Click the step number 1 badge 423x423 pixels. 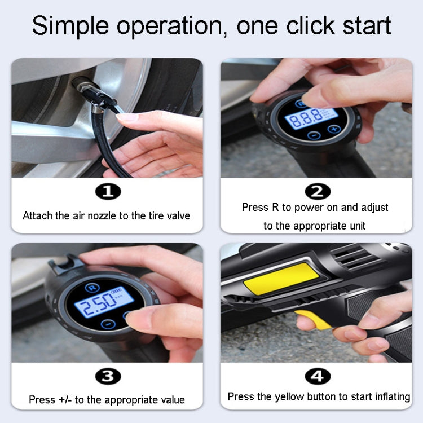(x=107, y=192)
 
